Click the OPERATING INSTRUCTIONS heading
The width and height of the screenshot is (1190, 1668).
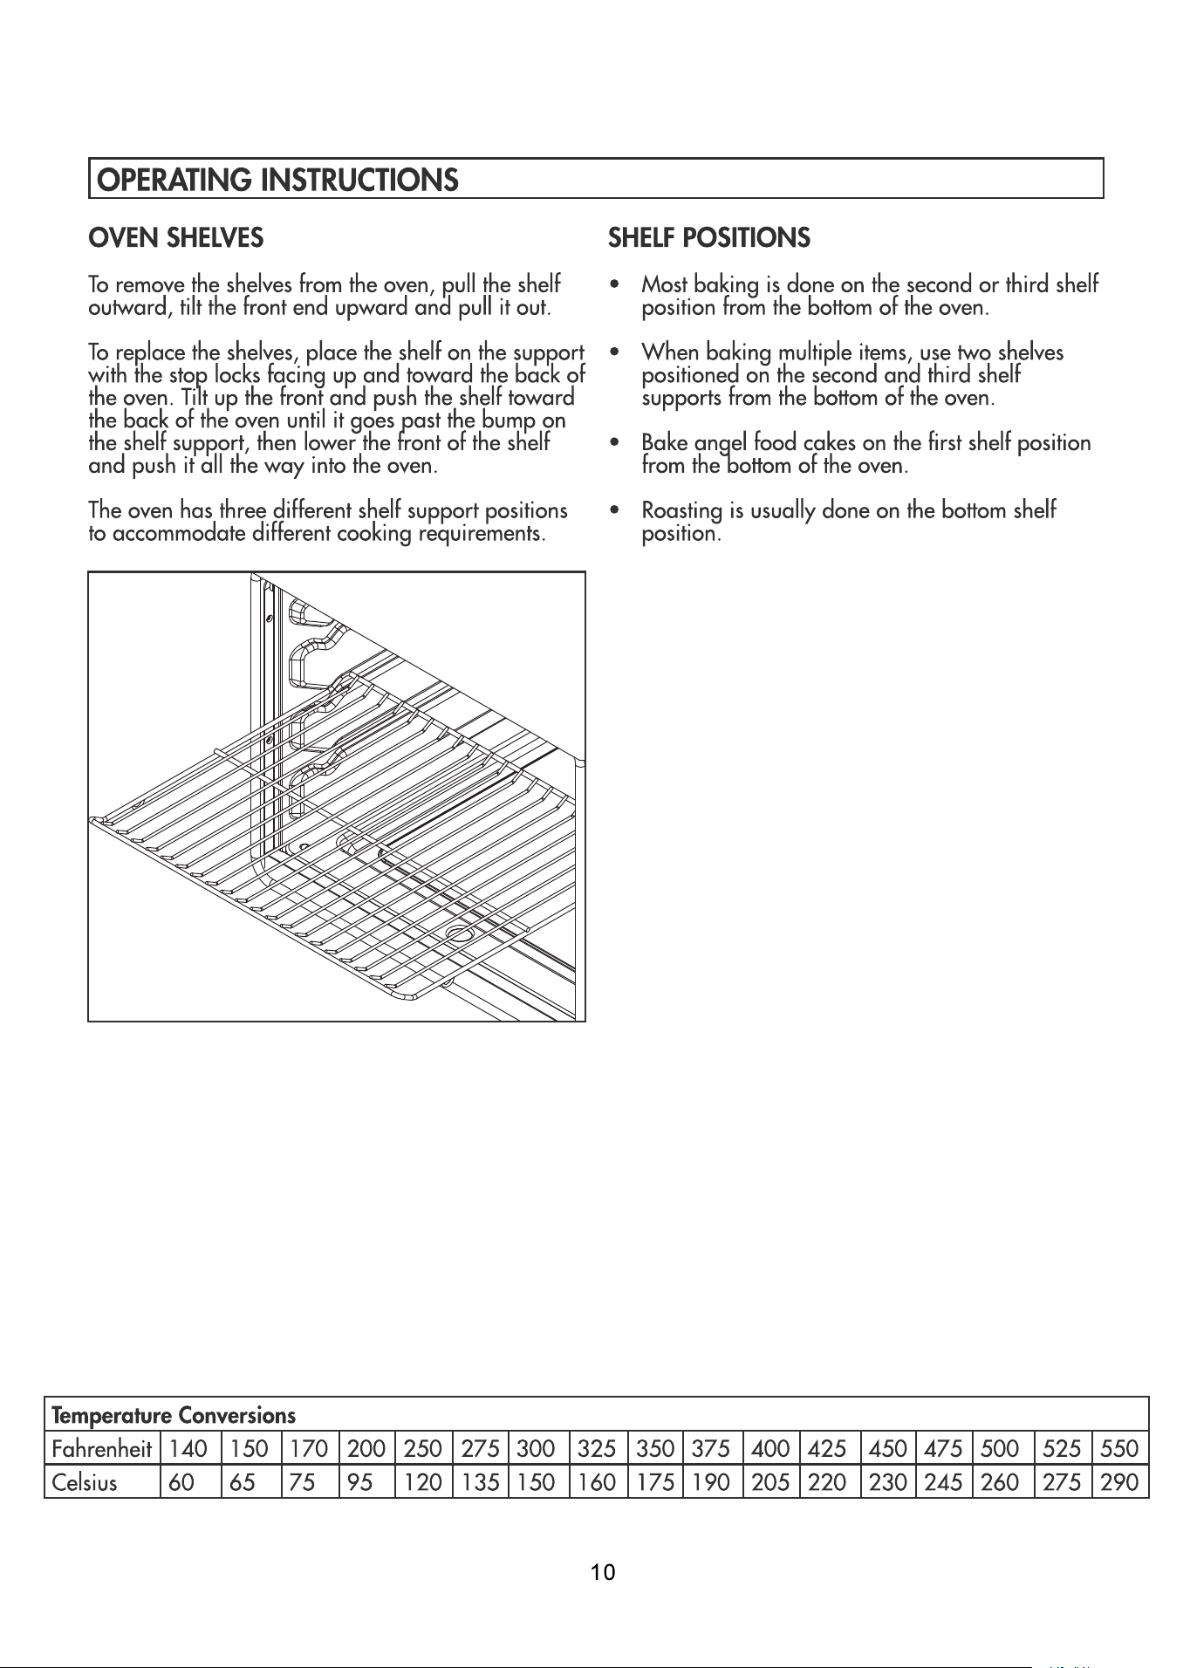coord(277,180)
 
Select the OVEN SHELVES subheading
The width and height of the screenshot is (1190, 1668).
coord(175,237)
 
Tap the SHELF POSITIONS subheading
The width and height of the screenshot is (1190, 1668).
coord(709,237)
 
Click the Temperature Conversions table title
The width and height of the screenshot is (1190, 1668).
coord(174,1414)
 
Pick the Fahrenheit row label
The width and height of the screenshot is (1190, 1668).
coord(102,1449)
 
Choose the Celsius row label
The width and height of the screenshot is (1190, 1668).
coord(85,1482)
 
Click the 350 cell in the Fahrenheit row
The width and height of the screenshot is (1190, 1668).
coord(655,1449)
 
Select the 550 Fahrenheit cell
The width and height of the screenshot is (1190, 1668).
coord(1120,1449)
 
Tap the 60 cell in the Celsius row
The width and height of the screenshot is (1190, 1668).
coord(190,1482)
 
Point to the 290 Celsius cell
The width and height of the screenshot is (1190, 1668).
coord(1120,1482)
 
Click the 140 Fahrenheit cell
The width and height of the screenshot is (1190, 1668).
coord(190,1449)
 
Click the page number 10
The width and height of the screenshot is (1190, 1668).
coord(603,1573)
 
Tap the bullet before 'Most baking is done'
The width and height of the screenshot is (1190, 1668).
coord(617,285)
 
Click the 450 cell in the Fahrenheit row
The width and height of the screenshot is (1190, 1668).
coord(887,1449)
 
